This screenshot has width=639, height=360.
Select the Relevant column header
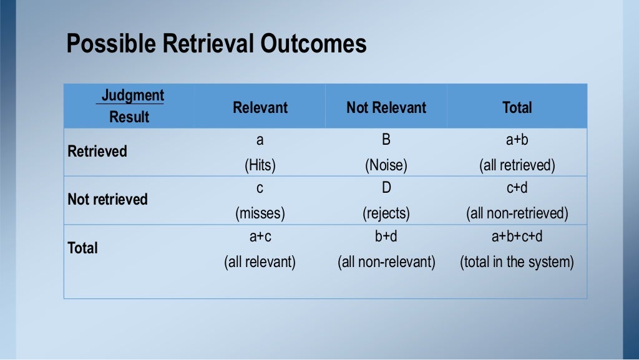[260, 107]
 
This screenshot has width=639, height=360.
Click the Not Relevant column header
[386, 107]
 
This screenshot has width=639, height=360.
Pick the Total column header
[517, 107]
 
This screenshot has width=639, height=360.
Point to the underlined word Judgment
[133, 95]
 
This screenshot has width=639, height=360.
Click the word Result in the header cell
[129, 117]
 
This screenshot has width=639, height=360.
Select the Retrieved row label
[97, 152]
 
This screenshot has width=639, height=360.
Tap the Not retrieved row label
[107, 200]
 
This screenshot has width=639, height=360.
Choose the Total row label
[82, 248]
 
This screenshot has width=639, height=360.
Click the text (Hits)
[260, 165]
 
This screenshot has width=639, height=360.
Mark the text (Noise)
[386, 165]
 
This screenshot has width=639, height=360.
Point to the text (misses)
[260, 213]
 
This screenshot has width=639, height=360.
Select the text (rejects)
[386, 213]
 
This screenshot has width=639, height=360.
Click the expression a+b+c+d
[517, 236]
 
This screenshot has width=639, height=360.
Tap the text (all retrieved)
[517, 165]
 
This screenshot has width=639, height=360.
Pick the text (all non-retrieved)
[517, 213]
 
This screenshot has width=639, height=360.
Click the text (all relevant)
[260, 261]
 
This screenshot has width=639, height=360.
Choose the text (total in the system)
[517, 261]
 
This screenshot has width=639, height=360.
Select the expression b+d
[386, 236]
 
